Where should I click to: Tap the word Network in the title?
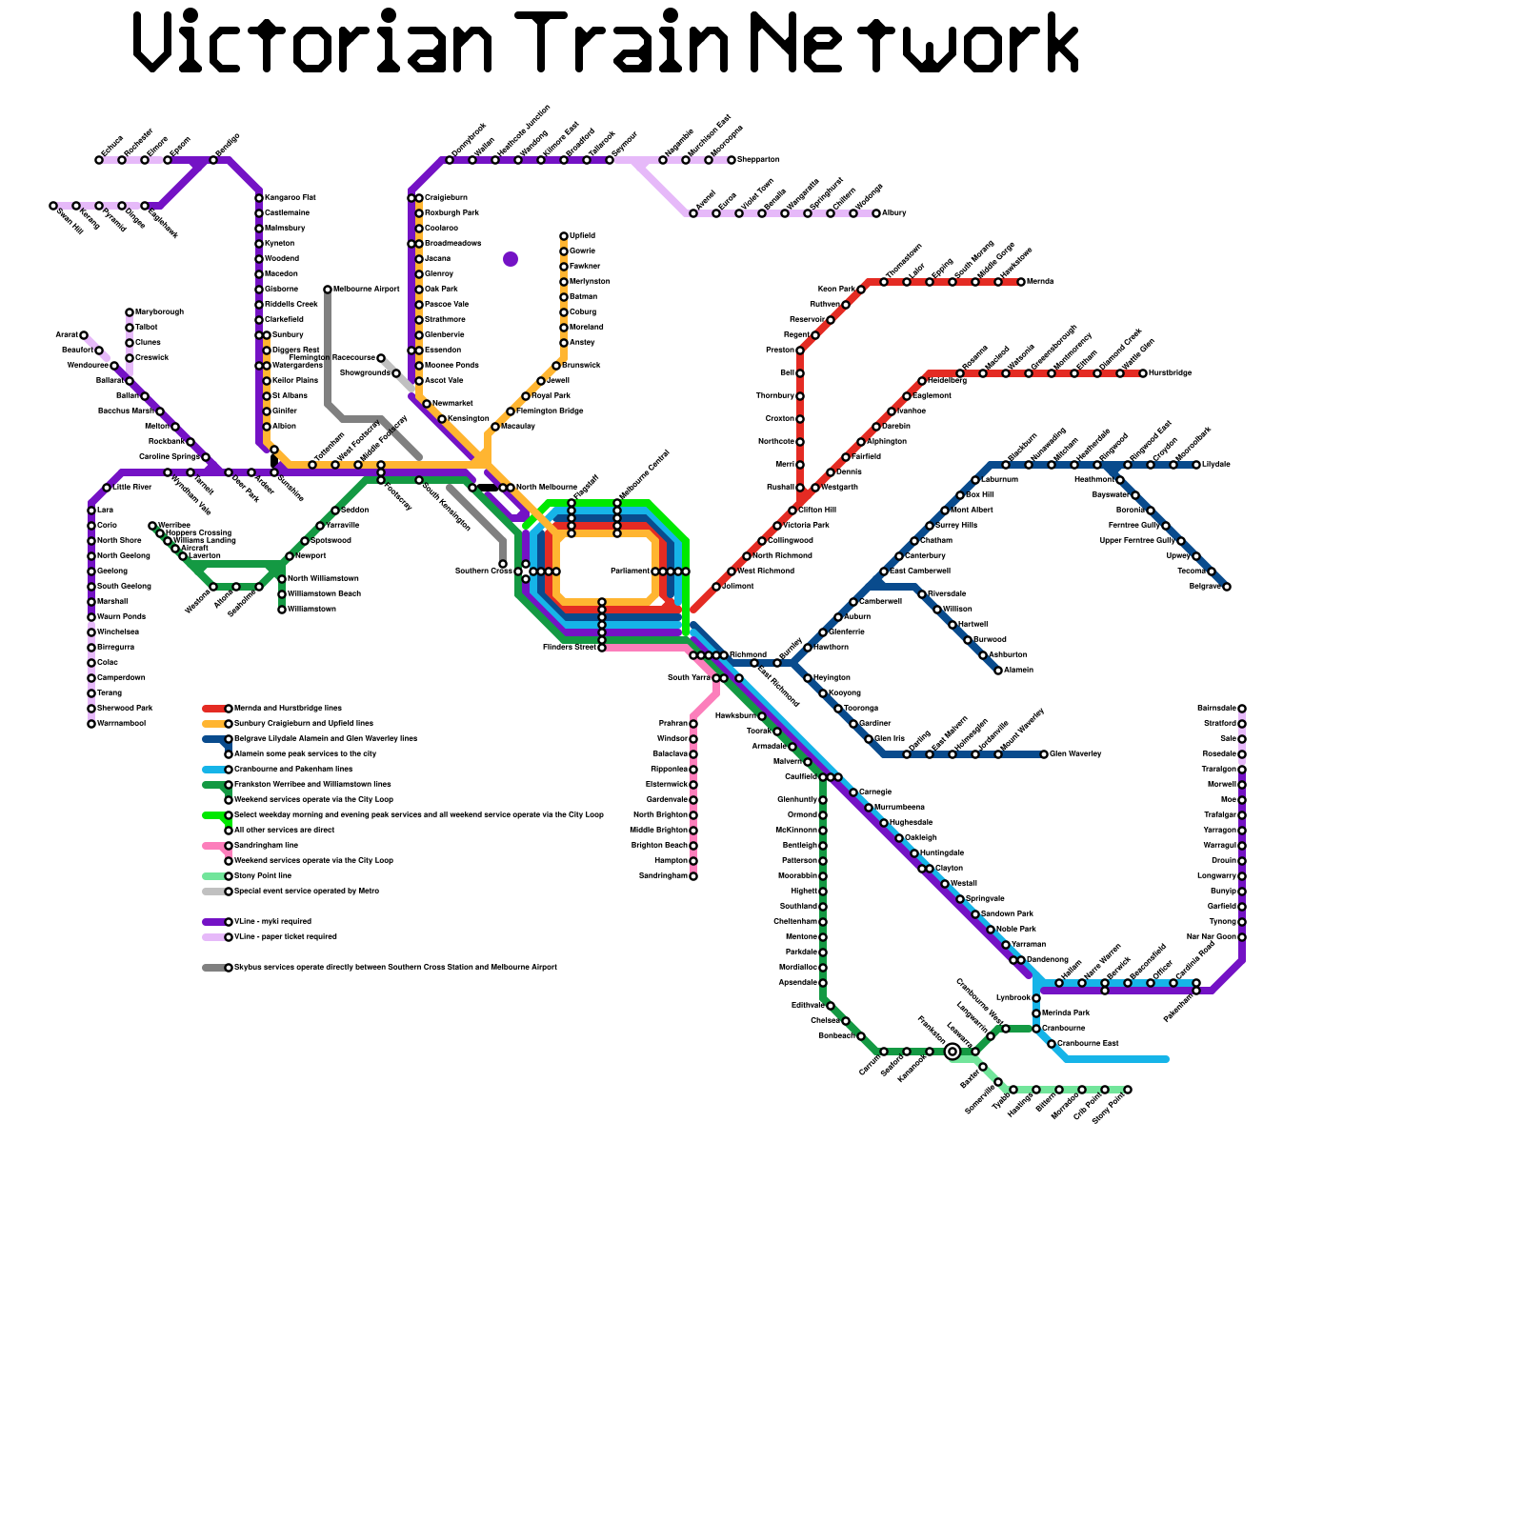[914, 43]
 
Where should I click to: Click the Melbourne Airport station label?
[367, 289]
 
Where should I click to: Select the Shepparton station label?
[759, 159]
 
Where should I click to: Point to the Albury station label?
[894, 212]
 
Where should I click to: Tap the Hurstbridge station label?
[1171, 372]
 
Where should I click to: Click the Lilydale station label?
[1216, 464]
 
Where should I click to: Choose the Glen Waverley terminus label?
[1075, 753]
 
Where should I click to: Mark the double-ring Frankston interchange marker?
[952, 1052]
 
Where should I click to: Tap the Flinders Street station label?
[570, 647]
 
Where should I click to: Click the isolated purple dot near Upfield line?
[511, 259]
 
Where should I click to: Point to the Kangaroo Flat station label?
[290, 197]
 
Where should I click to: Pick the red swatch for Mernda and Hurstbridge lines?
[214, 709]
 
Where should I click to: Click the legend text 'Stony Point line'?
[263, 875]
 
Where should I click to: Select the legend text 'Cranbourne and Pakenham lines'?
[293, 769]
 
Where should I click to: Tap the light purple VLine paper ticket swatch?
[214, 937]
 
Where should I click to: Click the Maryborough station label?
[159, 311]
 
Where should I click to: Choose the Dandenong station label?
[1048, 959]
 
